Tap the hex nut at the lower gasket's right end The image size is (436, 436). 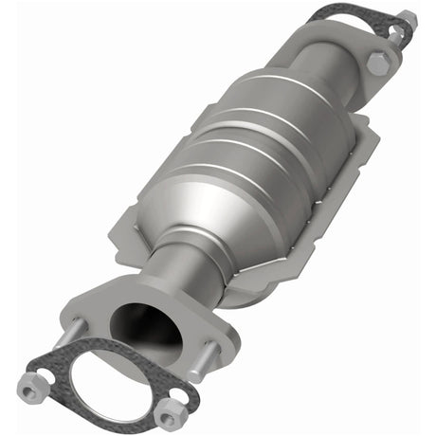168,415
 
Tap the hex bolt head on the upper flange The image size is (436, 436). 377,64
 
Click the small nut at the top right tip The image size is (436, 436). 407,19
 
